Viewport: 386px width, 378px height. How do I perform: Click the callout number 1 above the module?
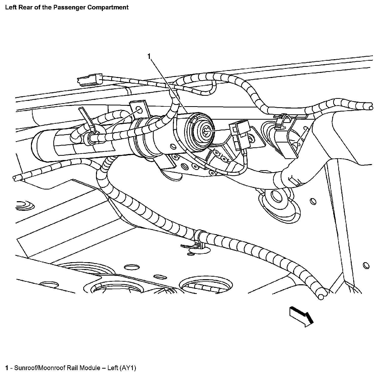150,56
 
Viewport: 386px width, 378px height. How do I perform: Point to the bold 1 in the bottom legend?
7,368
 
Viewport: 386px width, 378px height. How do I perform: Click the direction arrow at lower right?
301,316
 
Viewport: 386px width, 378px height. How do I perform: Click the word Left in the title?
10,7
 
